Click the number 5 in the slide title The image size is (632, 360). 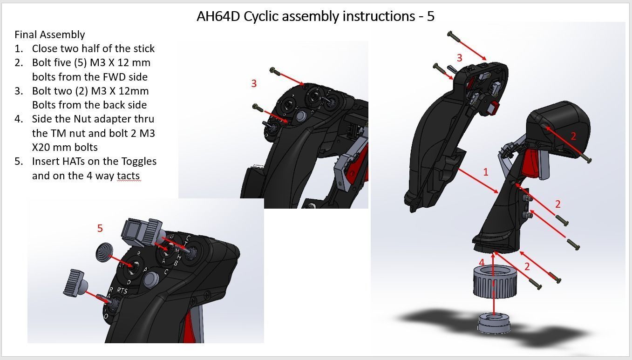pos(430,16)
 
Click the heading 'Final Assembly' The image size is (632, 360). pos(50,35)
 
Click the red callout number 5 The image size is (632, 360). pos(100,228)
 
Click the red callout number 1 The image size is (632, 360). pos(486,172)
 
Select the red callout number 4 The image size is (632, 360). pos(482,263)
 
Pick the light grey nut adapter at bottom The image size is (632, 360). pos(494,323)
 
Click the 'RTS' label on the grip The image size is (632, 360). pos(122,290)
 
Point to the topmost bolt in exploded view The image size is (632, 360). pos(454,37)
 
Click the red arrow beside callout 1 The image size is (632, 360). pos(478,181)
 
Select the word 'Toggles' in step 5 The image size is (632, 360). pos(139,162)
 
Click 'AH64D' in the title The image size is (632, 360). pos(218,16)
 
